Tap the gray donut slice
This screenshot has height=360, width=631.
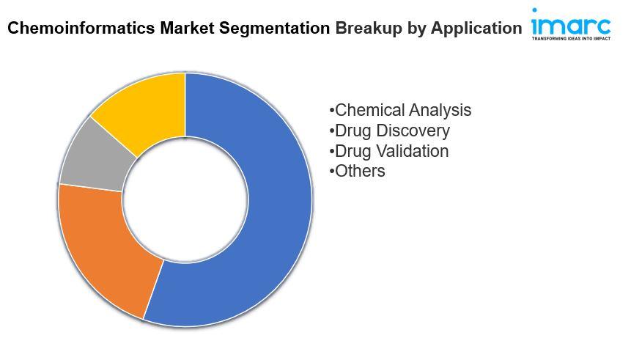click(97, 157)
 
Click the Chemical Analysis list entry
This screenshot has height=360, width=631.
click(400, 110)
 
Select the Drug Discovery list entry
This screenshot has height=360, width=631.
click(389, 131)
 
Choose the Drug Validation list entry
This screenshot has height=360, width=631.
click(388, 151)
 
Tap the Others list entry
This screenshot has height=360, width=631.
click(357, 171)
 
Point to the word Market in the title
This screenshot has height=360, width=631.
click(187, 28)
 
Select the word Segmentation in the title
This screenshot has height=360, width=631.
click(274, 29)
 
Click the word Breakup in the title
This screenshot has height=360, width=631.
click(369, 29)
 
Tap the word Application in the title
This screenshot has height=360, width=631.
click(476, 29)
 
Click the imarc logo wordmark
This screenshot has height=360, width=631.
click(571, 25)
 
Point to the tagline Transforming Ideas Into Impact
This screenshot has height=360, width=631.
click(571, 39)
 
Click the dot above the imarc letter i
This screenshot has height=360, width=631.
click(534, 10)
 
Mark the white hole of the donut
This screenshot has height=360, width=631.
click(185, 199)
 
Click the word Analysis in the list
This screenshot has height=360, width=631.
click(440, 110)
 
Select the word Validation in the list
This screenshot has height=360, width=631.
click(412, 151)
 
